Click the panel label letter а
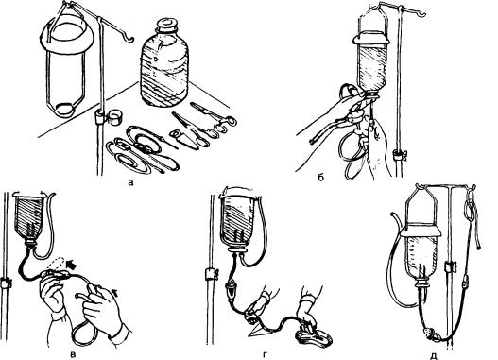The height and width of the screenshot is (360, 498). pos(129,182)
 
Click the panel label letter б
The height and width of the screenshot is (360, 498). pos(320,177)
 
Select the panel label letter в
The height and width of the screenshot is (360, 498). pos(74,353)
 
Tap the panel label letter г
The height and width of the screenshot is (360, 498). pos(266,353)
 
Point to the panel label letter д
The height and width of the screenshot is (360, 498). pos(435,355)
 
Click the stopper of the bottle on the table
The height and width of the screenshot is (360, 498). pos(166,25)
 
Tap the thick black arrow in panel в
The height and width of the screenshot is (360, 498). pos(72,265)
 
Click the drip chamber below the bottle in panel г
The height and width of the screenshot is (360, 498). pos(231,289)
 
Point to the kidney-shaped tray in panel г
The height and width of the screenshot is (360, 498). pos(315,337)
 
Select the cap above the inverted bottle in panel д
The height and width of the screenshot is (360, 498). pos(421,231)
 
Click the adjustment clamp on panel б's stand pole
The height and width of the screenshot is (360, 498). pos(399,155)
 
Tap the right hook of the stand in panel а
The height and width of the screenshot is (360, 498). pos(128,39)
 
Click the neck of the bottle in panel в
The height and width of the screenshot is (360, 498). pos(30,244)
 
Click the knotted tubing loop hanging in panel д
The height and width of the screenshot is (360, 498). pos(470,210)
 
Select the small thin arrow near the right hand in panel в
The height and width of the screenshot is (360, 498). pos(115,292)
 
